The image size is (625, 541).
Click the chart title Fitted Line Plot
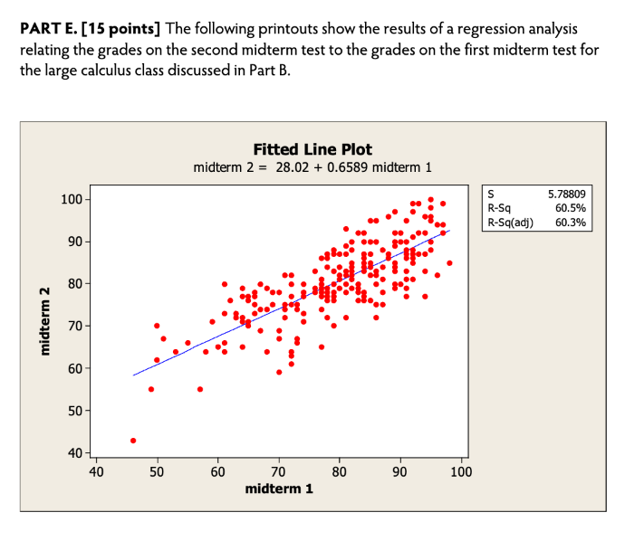(x=312, y=149)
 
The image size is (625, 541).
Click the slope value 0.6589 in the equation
(x=344, y=167)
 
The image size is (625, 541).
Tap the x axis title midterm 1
(x=279, y=489)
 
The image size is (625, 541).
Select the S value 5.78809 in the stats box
(x=567, y=194)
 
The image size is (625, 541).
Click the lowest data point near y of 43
(x=133, y=441)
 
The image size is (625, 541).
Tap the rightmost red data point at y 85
(x=449, y=263)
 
